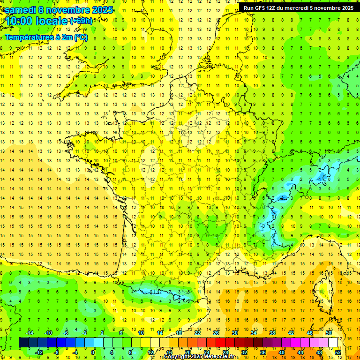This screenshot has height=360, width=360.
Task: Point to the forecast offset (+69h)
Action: pyautogui.click(x=81, y=21)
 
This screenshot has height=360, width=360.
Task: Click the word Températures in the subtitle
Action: pyautogui.click(x=28, y=37)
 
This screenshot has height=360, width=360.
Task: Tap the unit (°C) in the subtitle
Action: pyautogui.click(x=80, y=37)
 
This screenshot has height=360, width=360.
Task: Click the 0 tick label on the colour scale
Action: pyautogui.click(x=93, y=352)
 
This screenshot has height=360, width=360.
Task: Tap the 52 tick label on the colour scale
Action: pyautogui.click(x=337, y=352)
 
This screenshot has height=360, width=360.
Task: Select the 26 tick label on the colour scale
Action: pyautogui.click(x=216, y=333)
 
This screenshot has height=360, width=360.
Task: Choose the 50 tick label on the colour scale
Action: pyautogui.click(x=328, y=333)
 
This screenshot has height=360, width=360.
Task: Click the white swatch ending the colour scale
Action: pyautogui.click(x=333, y=343)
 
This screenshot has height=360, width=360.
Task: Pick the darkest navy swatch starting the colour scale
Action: pyautogui.click(x=23, y=343)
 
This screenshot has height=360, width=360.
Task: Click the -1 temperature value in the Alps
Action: pyautogui.click(x=320, y=180)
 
